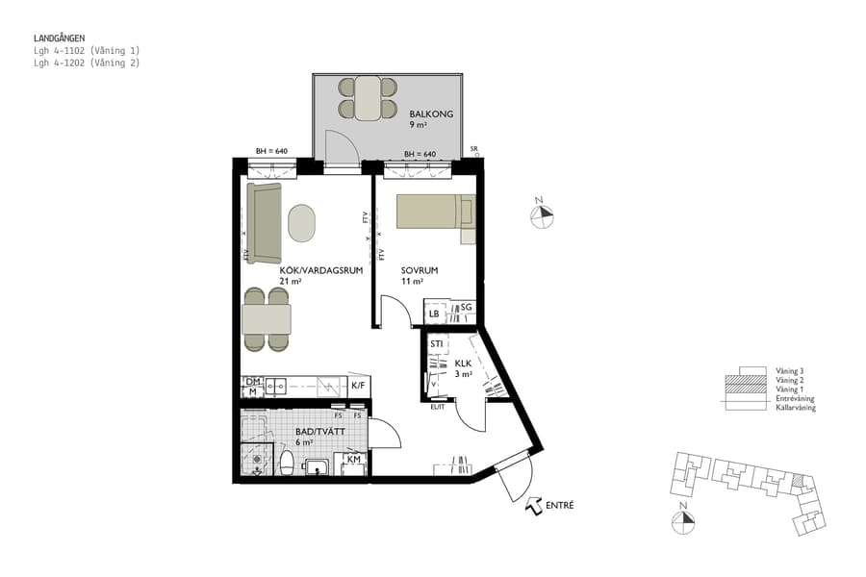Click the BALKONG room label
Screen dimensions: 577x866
coord(424,114)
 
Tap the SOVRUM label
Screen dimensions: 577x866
coord(420,271)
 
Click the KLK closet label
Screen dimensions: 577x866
coord(462,364)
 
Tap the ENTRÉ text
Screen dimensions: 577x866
coord(559,505)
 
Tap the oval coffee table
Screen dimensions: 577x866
coord(302,222)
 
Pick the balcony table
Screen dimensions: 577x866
coord(368,98)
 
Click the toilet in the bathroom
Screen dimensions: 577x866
coord(285,465)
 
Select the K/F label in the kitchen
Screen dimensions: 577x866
coord(358,386)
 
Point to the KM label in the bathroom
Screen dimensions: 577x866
coord(353,461)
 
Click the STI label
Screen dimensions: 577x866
coord(437,343)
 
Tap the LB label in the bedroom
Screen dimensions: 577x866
coord(435,314)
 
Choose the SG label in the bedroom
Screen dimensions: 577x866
coord(465,308)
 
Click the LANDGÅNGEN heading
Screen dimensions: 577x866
coord(59,38)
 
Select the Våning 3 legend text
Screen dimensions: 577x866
coord(789,370)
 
